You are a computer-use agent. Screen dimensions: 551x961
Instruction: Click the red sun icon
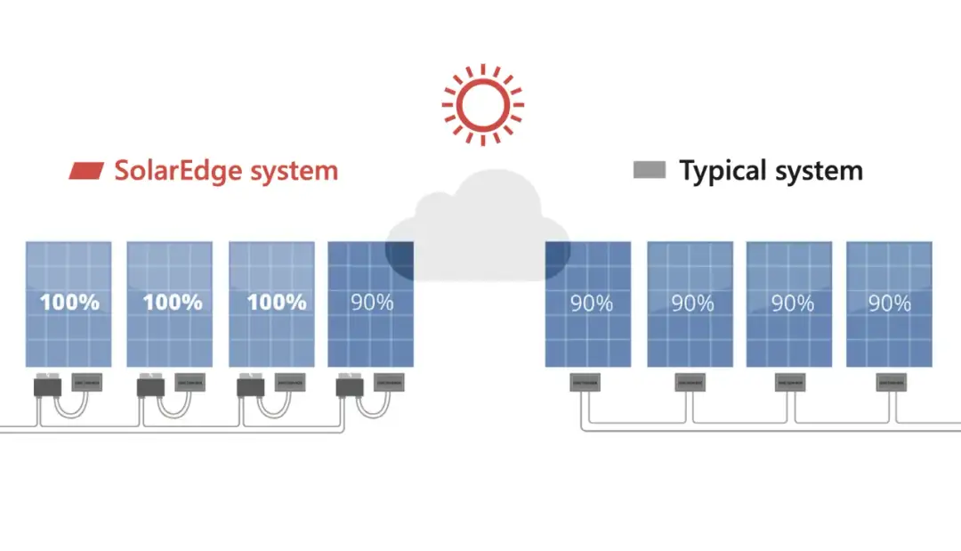482,104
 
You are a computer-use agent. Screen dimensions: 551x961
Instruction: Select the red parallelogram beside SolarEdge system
87,170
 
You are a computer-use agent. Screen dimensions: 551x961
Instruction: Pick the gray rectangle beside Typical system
650,169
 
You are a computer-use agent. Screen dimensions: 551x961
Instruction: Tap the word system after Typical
819,170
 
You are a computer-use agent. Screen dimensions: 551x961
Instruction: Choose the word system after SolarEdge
294,170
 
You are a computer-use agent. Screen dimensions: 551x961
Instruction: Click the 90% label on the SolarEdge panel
372,302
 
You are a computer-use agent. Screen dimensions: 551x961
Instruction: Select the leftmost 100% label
69,302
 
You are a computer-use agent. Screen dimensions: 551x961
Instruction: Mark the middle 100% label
173,302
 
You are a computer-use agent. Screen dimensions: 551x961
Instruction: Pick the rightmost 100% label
276,302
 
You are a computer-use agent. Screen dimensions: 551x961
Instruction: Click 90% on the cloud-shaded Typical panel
592,304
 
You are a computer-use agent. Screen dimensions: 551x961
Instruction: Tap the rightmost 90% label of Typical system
890,304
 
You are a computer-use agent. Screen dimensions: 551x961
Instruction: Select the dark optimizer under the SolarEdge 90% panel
347,387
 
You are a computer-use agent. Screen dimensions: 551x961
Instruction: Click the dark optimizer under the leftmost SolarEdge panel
44,387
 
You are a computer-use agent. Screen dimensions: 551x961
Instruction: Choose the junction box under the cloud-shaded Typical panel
585,384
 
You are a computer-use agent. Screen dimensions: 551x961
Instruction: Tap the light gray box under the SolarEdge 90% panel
389,383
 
